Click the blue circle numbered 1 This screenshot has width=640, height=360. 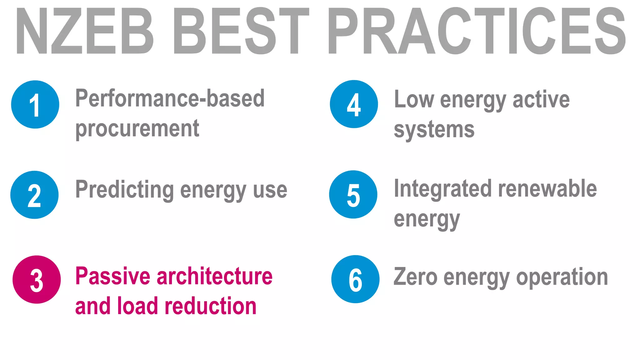pyautogui.click(x=35, y=104)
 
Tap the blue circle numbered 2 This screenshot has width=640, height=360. pyautogui.click(x=34, y=195)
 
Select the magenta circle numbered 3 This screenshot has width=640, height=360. pyautogui.click(x=37, y=279)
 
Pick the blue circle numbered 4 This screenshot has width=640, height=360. pyautogui.click(x=354, y=104)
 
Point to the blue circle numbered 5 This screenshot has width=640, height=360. pyautogui.click(x=353, y=194)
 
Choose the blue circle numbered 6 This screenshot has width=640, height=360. pyautogui.click(x=355, y=279)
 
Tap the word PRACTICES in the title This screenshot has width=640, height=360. pyautogui.click(x=476, y=31)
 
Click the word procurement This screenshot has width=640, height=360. pyautogui.click(x=137, y=129)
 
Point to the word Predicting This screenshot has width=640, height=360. pyautogui.click(x=125, y=190)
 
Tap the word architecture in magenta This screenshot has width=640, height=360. pyautogui.click(x=214, y=276)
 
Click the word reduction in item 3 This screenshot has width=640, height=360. pyautogui.click(x=210, y=306)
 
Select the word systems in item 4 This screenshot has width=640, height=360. pyautogui.click(x=434, y=130)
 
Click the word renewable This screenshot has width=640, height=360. pyautogui.click(x=547, y=189)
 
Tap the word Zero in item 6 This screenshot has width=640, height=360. pyautogui.click(x=415, y=277)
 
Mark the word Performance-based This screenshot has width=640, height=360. pyautogui.click(x=170, y=98)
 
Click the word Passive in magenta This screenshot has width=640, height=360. pyautogui.click(x=113, y=276)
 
